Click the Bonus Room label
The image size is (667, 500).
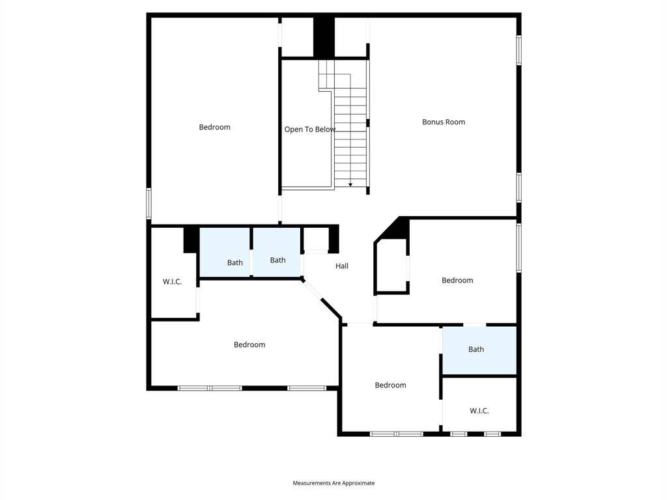(x=443, y=122)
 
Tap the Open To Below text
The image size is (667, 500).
(x=309, y=130)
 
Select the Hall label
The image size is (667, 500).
(x=341, y=266)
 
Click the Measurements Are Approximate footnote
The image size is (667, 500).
(x=333, y=483)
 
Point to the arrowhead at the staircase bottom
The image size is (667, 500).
(x=350, y=185)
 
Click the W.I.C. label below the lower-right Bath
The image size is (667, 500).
(x=479, y=411)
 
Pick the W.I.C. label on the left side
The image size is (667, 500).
(x=172, y=281)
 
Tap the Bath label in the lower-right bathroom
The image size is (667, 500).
(x=476, y=350)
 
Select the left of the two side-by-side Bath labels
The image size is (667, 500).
(x=234, y=263)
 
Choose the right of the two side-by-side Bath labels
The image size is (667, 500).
(x=277, y=260)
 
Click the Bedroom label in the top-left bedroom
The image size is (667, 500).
(x=214, y=127)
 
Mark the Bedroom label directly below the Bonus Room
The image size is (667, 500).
(x=457, y=280)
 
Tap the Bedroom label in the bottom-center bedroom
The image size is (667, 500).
(x=390, y=385)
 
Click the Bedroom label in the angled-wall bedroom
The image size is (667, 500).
(x=249, y=344)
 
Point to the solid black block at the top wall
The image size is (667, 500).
(x=324, y=36)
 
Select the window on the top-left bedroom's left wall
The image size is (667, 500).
(x=149, y=204)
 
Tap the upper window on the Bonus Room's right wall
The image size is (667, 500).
(x=519, y=50)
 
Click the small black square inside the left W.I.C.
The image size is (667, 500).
(x=192, y=240)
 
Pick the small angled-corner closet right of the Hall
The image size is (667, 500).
(x=391, y=266)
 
